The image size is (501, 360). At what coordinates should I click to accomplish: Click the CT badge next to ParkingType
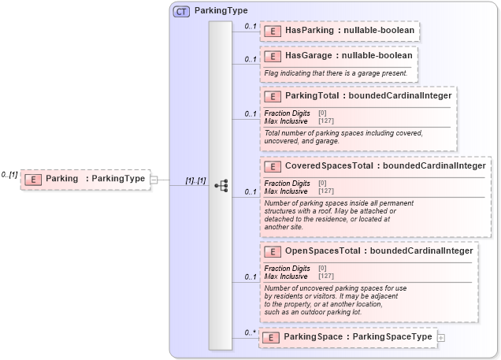[x=181, y=11]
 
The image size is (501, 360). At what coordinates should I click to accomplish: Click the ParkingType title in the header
[x=221, y=11]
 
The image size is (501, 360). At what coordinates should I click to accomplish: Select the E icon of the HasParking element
[x=272, y=31]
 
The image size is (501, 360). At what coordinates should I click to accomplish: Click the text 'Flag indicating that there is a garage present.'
[x=336, y=73]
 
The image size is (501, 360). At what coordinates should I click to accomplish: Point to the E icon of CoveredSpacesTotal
[x=272, y=166]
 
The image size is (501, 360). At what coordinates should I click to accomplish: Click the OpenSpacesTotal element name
[x=323, y=251]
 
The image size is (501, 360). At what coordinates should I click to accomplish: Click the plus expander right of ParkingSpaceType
[x=440, y=337]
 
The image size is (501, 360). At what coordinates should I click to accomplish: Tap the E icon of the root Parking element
[x=32, y=179]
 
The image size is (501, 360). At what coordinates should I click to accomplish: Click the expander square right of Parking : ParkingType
[x=154, y=179]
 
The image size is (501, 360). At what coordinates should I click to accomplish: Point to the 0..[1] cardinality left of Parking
[x=9, y=174]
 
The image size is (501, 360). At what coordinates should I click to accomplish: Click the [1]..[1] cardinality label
[x=195, y=180]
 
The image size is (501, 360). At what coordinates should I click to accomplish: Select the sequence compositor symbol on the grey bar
[x=221, y=186]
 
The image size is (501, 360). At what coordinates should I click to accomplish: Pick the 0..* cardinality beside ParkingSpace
[x=250, y=332]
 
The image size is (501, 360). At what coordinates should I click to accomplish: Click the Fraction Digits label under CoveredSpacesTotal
[x=287, y=184]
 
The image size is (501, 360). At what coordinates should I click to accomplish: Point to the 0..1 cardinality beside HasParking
[x=250, y=26]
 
